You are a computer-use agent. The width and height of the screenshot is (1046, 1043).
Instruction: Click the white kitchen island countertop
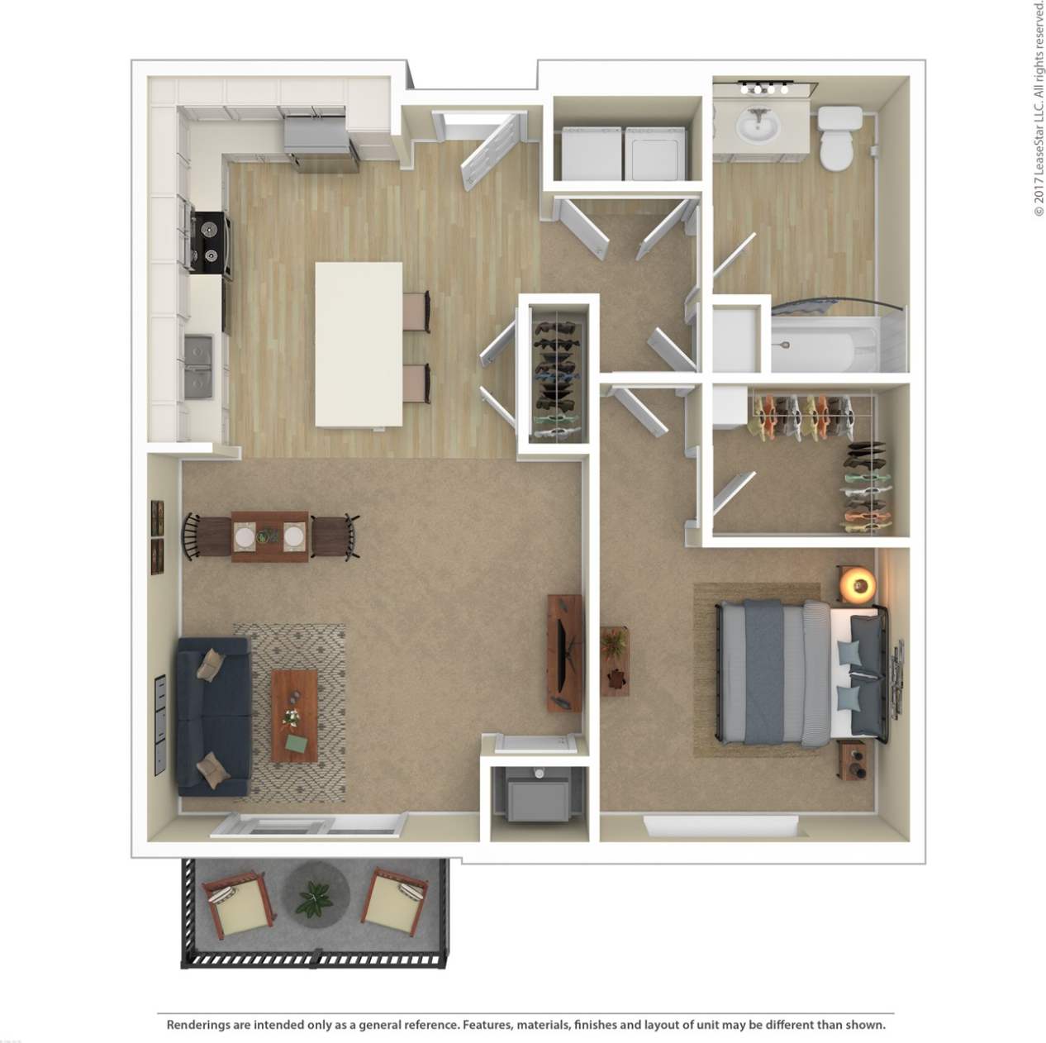[359, 343]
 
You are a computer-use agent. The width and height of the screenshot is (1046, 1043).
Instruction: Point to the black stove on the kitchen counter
[209, 242]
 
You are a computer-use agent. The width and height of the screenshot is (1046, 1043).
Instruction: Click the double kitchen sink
[197, 364]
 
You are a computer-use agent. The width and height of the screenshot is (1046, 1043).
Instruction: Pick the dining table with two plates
[270, 536]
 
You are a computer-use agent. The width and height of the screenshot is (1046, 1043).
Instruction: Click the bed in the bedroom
[798, 669]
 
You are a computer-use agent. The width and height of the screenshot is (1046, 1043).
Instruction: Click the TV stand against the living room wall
[564, 653]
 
